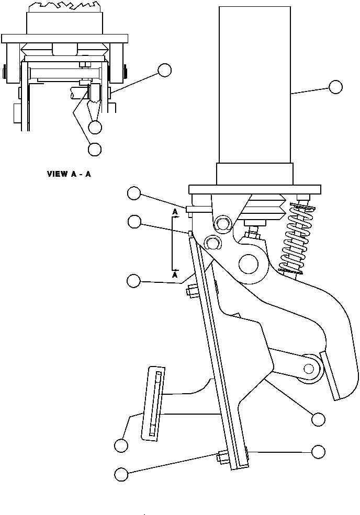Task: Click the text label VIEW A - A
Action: pos(69,174)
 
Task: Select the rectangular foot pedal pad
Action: pos(153,403)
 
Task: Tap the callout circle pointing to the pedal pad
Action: pos(121,445)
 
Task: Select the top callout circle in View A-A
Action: pos(165,70)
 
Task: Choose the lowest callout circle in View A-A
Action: pos(94,149)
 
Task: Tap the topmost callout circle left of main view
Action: pos(133,194)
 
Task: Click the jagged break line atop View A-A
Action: pos(64,6)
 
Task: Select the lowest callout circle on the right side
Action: pos(318,451)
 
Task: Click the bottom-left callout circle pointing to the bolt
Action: pos(121,474)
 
